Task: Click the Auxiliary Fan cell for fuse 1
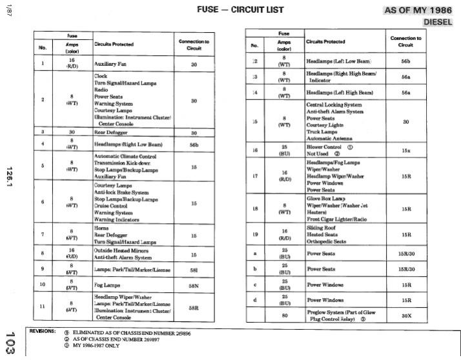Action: coord(109,65)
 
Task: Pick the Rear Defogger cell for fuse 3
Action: coord(109,133)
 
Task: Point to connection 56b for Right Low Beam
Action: coord(194,145)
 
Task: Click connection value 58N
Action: coord(194,284)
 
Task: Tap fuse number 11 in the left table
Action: coord(43,306)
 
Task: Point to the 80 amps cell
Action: coord(284,316)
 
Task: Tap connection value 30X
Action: coord(406,316)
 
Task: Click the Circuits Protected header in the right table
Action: coord(325,41)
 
